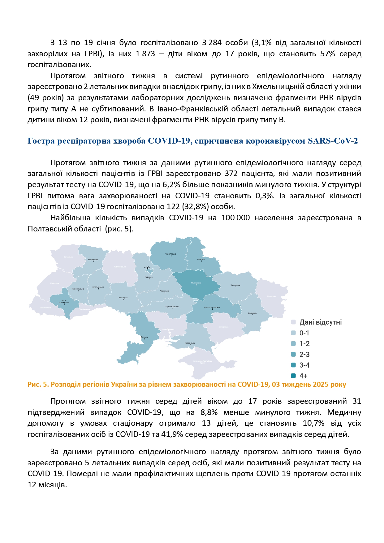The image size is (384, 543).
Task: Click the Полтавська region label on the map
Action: coord(196,283)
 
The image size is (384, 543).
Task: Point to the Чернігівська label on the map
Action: coord(170,254)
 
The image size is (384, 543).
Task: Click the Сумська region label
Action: coord(201,259)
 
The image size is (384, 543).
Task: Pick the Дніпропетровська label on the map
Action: coord(212,307)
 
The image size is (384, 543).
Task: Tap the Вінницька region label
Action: coord(123,298)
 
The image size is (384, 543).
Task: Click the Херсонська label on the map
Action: coord(190,343)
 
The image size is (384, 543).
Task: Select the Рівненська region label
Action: coord(93,260)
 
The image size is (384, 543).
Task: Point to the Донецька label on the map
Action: coord(252,313)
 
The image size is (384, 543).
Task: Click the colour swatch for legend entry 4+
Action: coord(293,376)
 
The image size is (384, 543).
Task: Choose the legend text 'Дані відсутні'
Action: coord(321,322)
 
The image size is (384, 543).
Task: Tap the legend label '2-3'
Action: coord(304,355)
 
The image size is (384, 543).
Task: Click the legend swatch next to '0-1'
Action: coord(293,333)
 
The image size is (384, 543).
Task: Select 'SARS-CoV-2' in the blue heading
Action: coord(333,141)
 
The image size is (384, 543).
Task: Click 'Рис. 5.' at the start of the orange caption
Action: coord(38,385)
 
